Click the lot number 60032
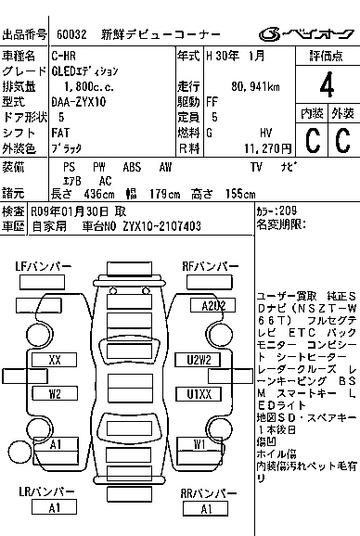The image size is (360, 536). coord(72,34)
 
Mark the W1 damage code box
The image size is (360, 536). coord(200,444)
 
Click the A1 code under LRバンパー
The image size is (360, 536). coord(54,507)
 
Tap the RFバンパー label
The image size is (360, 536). coord(206,266)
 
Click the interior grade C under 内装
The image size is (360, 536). coord(311,141)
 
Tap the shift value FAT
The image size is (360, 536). coord(61,133)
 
